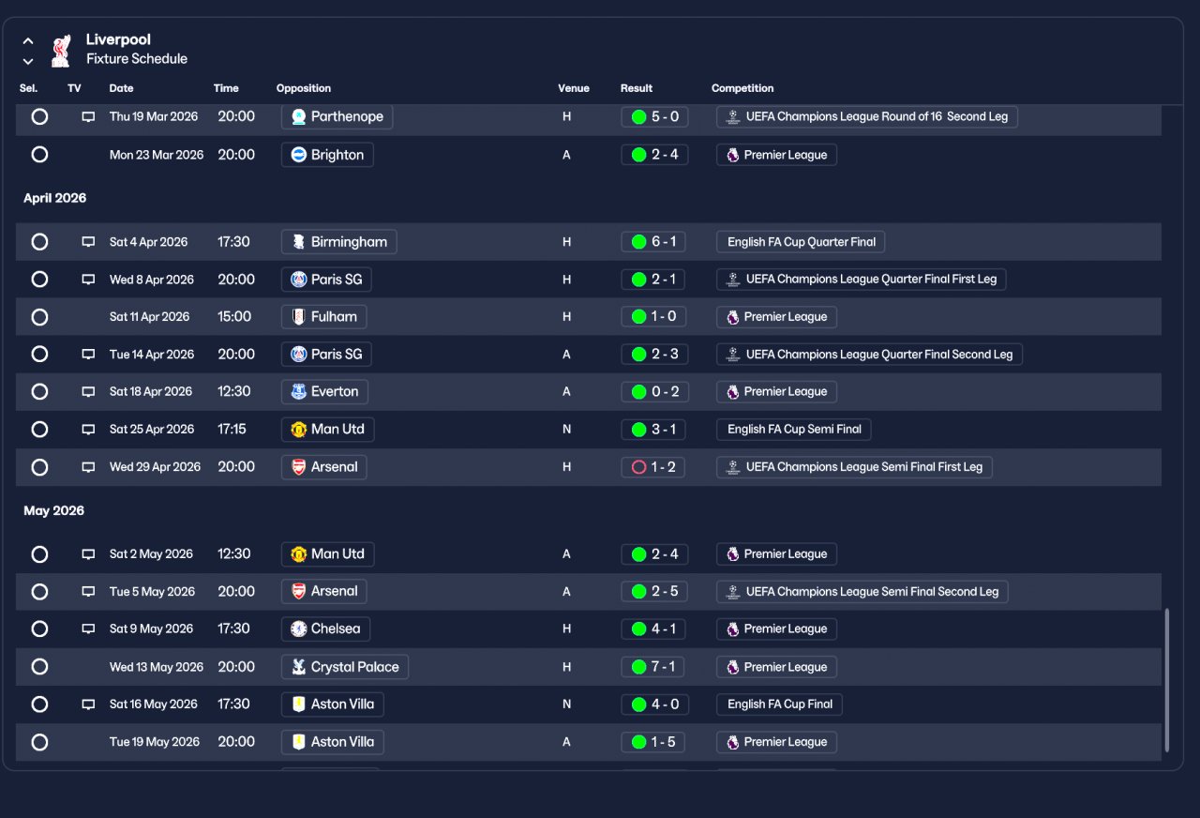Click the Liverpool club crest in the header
(x=61, y=51)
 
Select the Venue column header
(x=573, y=88)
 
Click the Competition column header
(x=742, y=88)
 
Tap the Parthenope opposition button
(x=337, y=117)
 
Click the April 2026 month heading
(x=54, y=198)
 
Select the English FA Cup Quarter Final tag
(x=801, y=242)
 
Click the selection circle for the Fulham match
(x=39, y=317)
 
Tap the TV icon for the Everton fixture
(x=88, y=392)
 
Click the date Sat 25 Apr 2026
(x=152, y=430)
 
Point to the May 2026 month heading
(x=53, y=511)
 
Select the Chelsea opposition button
(x=325, y=629)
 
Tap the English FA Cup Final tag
(x=779, y=704)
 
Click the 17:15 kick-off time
(x=232, y=430)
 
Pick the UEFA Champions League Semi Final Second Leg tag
(x=862, y=592)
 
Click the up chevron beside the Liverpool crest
(x=28, y=40)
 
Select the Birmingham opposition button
(x=339, y=242)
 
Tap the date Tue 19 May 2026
(x=155, y=742)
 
